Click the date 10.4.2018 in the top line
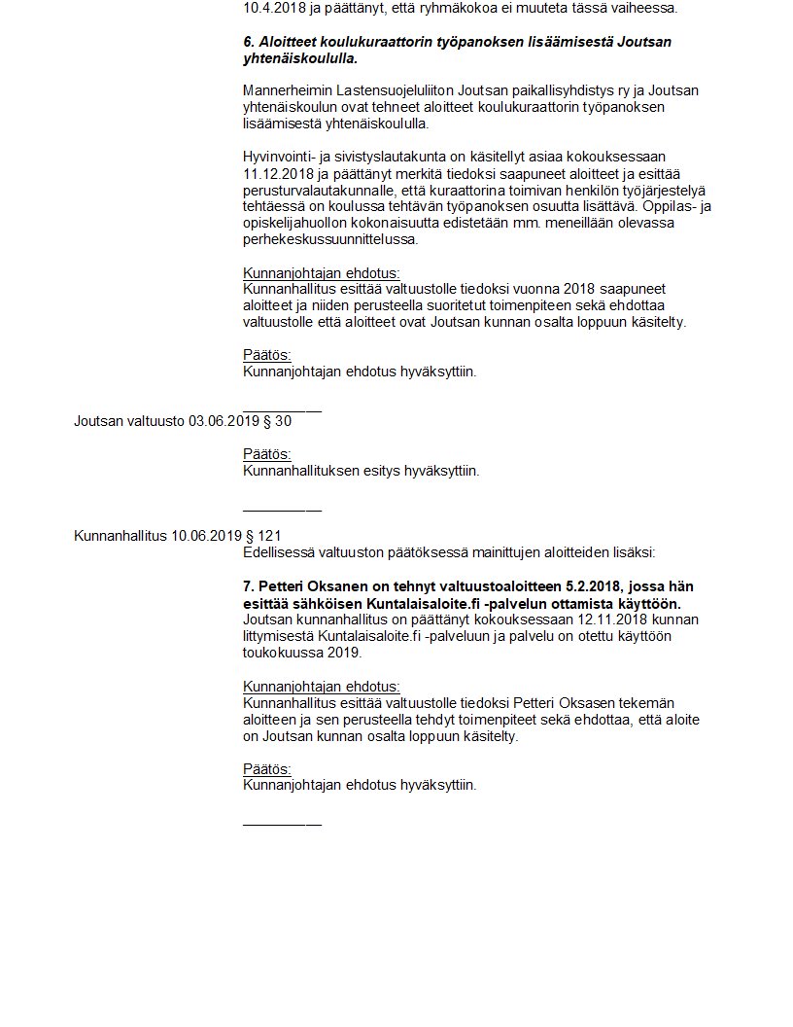pos(271,8)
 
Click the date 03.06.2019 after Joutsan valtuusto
pos(224,421)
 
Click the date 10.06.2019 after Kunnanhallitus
pos(207,535)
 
